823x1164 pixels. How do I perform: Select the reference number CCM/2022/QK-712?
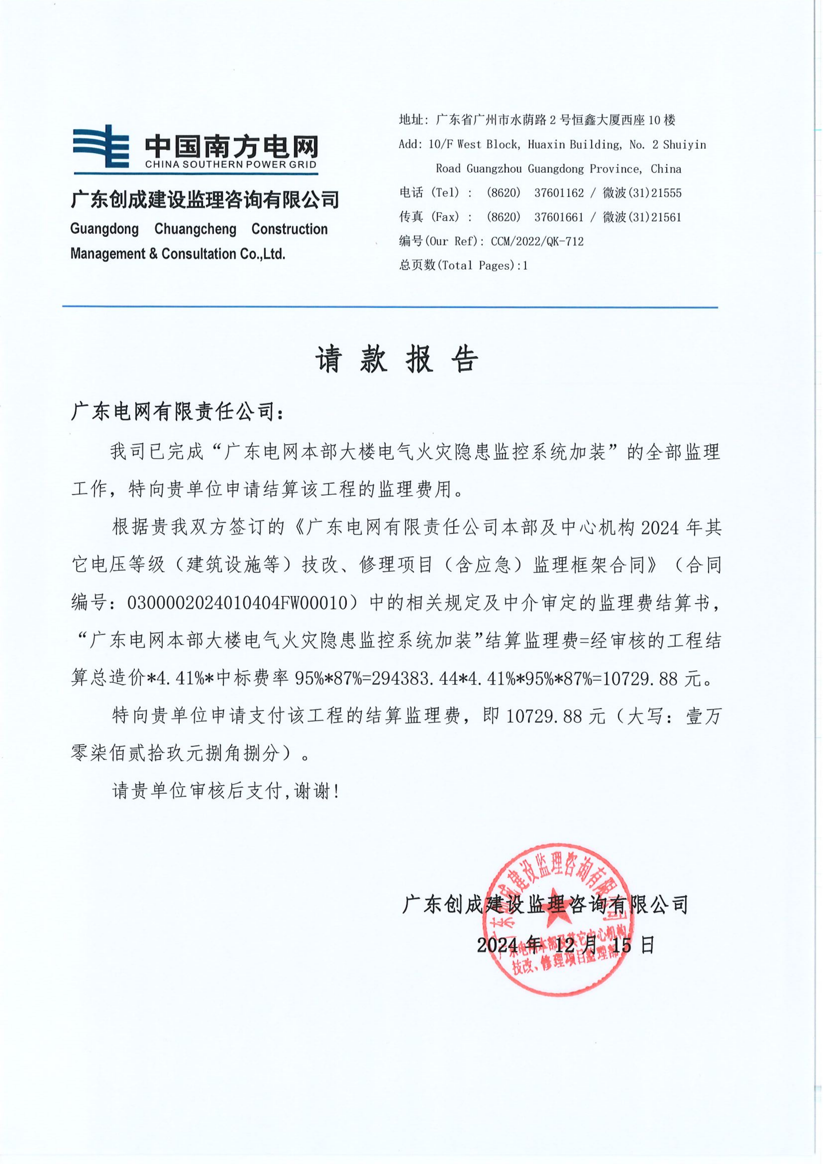[x=537, y=242]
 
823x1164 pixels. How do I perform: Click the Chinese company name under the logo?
[x=205, y=200]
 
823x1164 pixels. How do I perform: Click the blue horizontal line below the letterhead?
[x=390, y=307]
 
